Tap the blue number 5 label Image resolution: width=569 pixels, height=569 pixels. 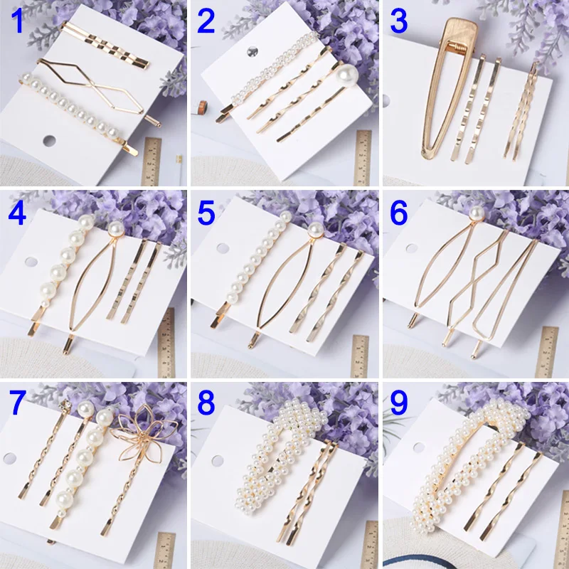pyautogui.click(x=206, y=212)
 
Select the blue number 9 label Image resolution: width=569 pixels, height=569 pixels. pyautogui.click(x=399, y=403)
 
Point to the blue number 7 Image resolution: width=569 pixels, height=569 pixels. pyautogui.click(x=16, y=403)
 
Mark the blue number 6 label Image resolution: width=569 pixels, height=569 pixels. pyautogui.click(x=399, y=212)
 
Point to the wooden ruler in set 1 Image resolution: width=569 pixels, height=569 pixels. pyautogui.click(x=151, y=160)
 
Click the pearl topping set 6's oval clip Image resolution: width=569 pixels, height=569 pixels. pyautogui.click(x=475, y=212)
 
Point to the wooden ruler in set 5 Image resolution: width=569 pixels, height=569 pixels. pyautogui.click(x=361, y=356)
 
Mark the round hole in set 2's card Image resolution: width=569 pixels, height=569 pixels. pyautogui.click(x=250, y=52)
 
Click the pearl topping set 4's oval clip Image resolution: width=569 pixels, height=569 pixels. pyautogui.click(x=115, y=228)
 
